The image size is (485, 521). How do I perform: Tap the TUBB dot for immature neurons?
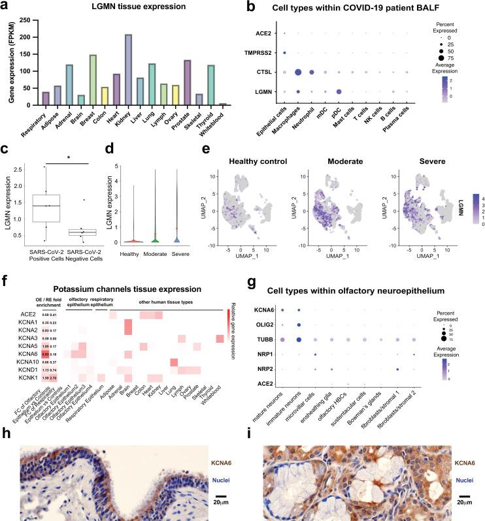click(x=299, y=339)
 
